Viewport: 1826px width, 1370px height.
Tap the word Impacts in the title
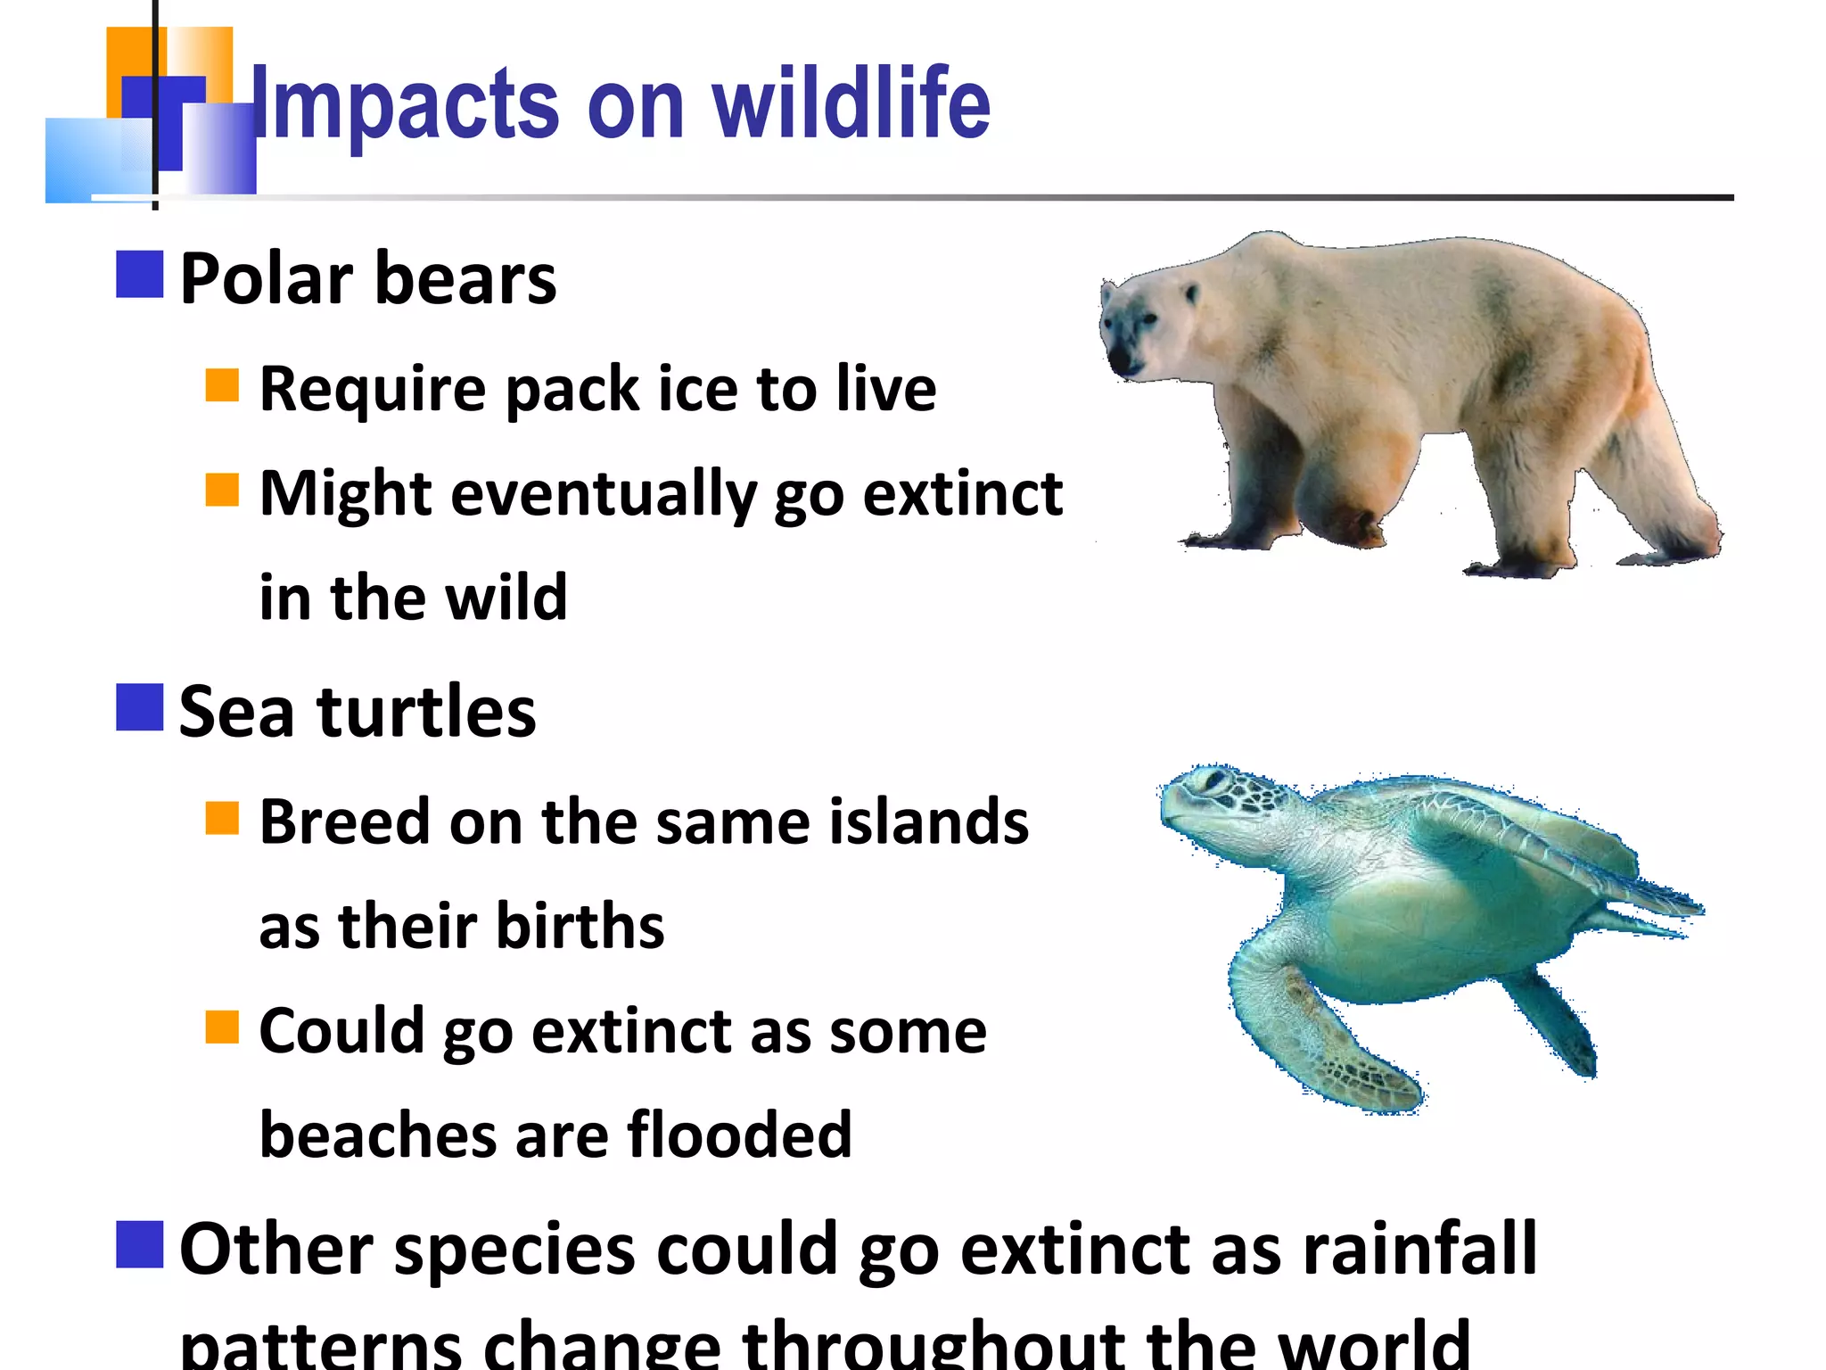click(x=406, y=104)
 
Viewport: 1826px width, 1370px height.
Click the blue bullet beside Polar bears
click(x=140, y=274)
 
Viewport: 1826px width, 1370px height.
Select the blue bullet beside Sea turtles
click(x=140, y=707)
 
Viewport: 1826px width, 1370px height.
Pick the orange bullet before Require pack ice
click(x=222, y=385)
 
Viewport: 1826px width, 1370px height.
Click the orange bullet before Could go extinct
click(x=222, y=1027)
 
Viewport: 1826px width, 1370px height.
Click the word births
click(x=580, y=926)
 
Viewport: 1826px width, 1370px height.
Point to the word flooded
click(x=739, y=1135)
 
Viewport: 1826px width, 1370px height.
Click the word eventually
click(x=604, y=495)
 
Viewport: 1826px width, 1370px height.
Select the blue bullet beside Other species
click(x=140, y=1244)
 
